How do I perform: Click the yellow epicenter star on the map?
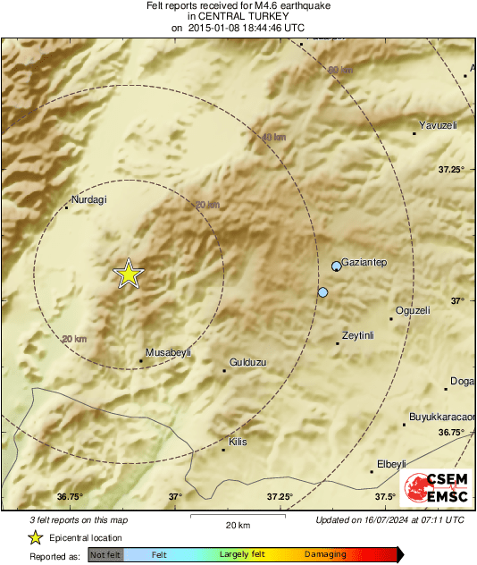click(129, 274)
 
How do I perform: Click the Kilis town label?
click(238, 442)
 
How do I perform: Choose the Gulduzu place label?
click(248, 362)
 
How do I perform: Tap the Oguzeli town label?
click(413, 310)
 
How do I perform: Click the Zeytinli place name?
click(358, 336)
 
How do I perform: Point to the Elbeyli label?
click(392, 464)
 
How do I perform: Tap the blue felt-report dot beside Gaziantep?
click(337, 266)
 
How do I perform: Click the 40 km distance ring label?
click(273, 138)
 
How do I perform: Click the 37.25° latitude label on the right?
click(451, 169)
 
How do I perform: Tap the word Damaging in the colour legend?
click(324, 555)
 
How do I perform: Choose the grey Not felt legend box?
click(105, 555)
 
